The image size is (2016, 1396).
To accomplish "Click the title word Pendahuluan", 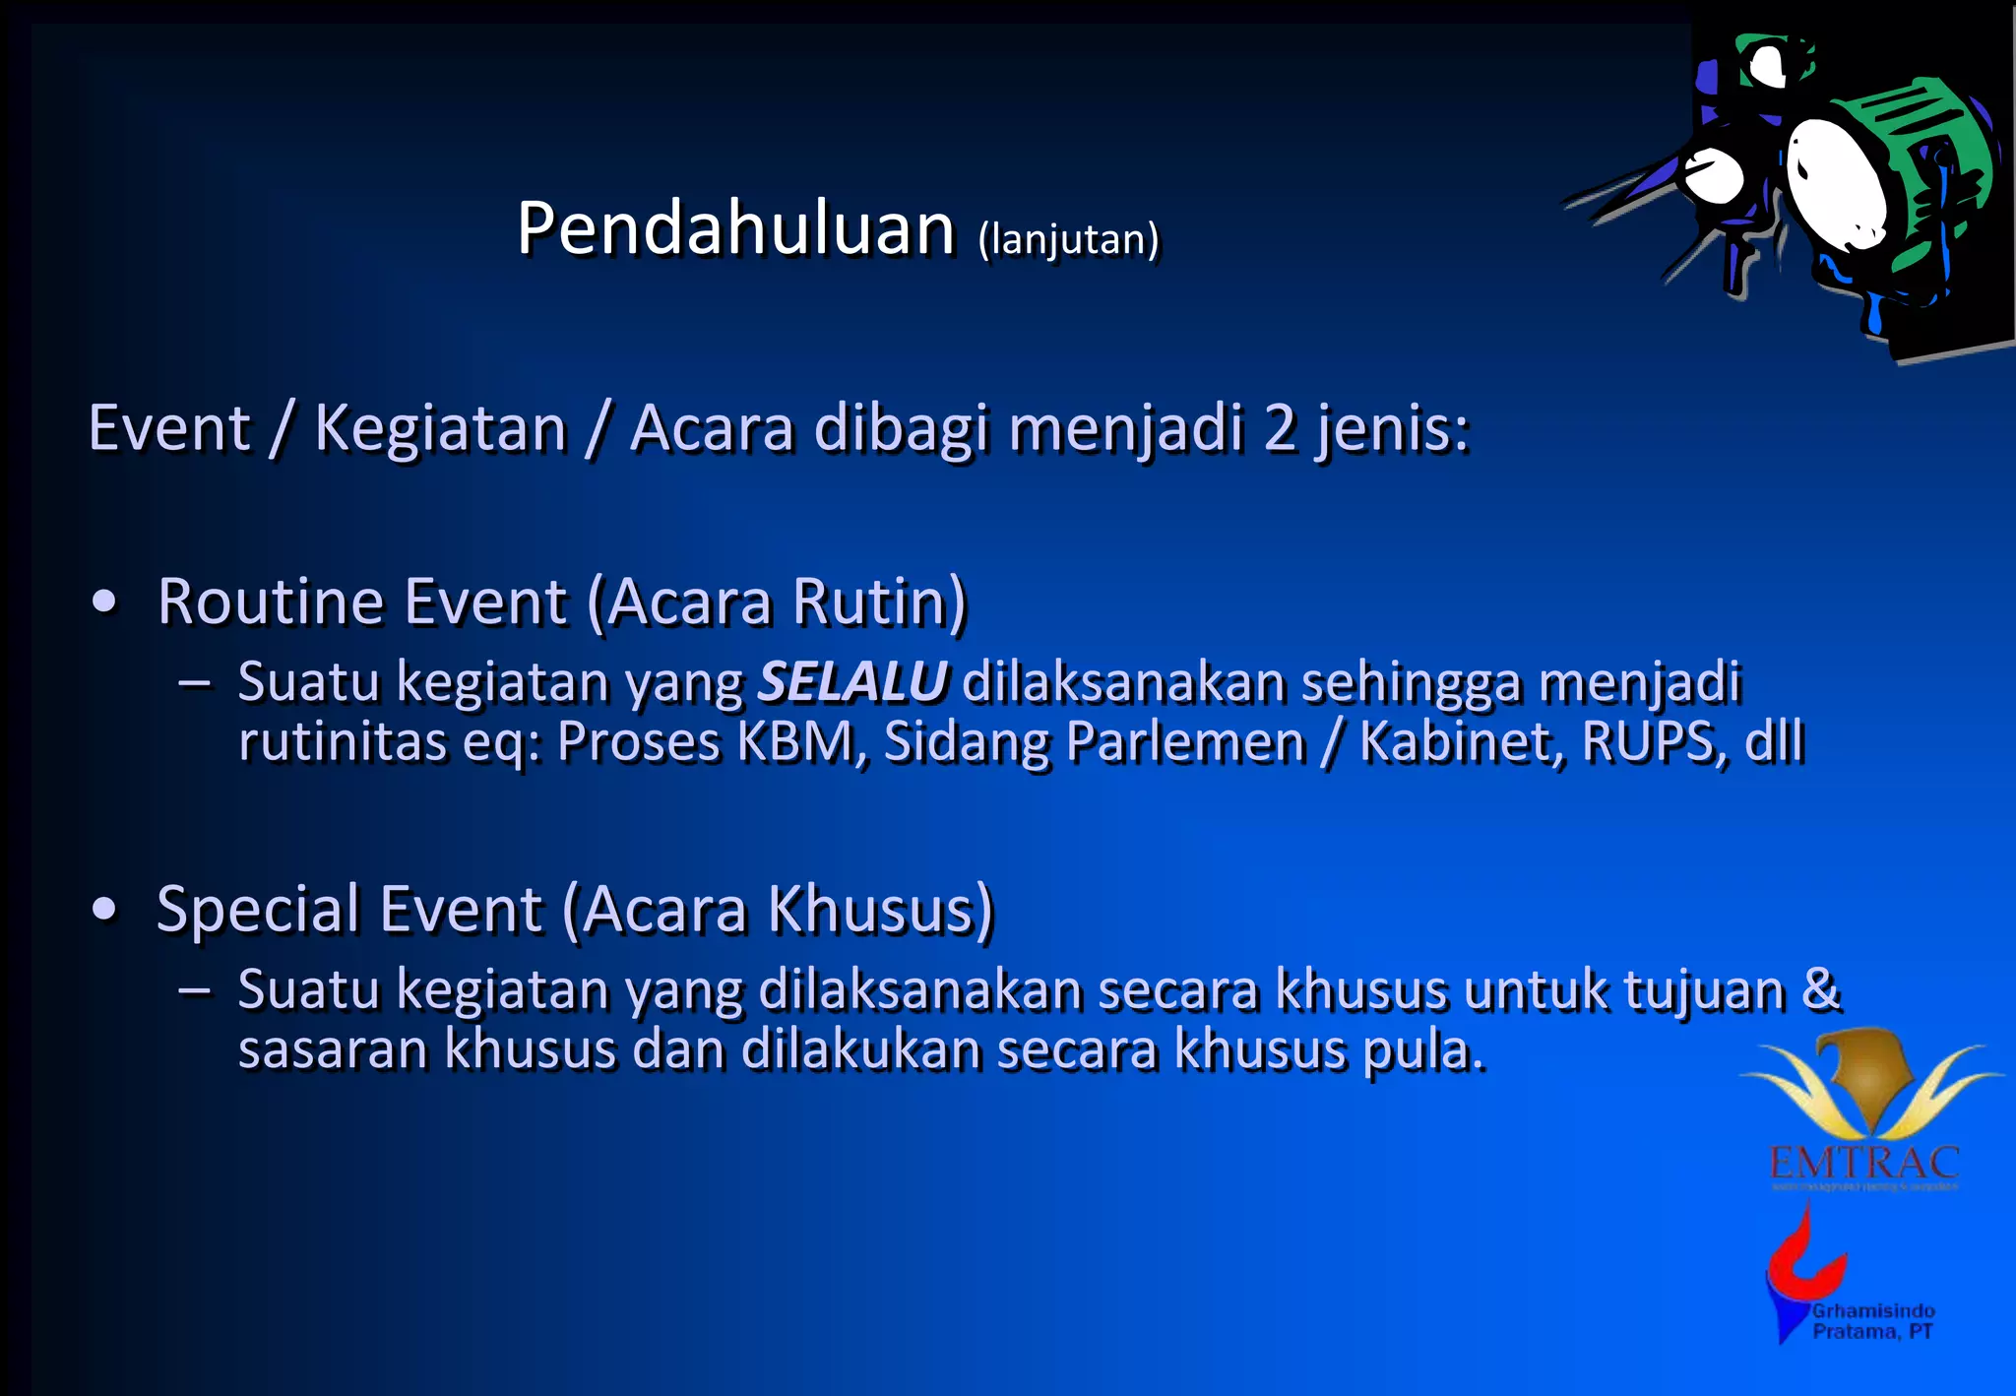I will (x=735, y=228).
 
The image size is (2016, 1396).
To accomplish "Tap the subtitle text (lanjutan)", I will (x=1068, y=239).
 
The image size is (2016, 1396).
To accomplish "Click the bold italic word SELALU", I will (x=852, y=681).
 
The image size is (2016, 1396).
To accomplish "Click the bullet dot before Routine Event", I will (x=103, y=603).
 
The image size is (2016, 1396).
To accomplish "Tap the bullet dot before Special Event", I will (x=103, y=910).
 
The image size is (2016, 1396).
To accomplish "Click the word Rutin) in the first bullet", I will (x=879, y=602).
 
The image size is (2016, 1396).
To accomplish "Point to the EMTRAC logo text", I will (x=1863, y=1164).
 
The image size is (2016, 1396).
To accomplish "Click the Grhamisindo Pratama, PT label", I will (x=1872, y=1321).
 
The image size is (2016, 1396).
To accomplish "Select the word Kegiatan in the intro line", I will (x=440, y=429).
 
